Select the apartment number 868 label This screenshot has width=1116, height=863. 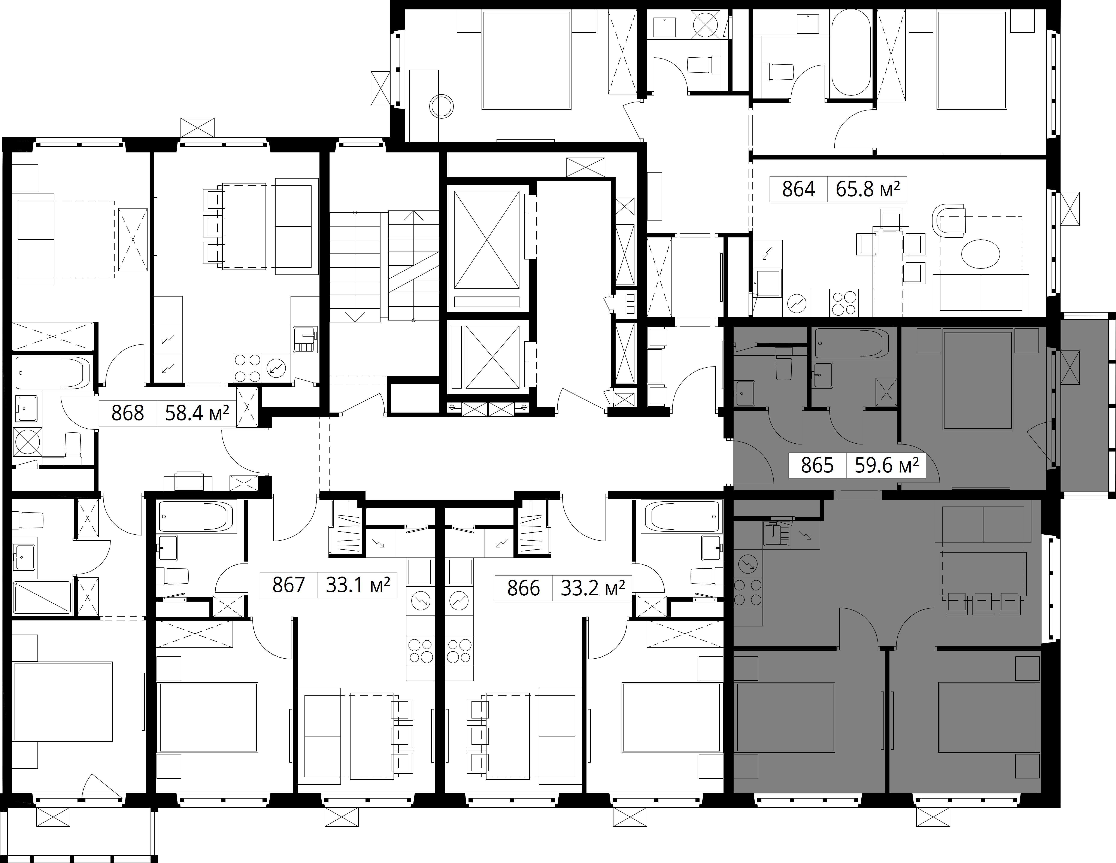click(x=128, y=413)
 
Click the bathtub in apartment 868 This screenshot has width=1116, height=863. click(x=54, y=373)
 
